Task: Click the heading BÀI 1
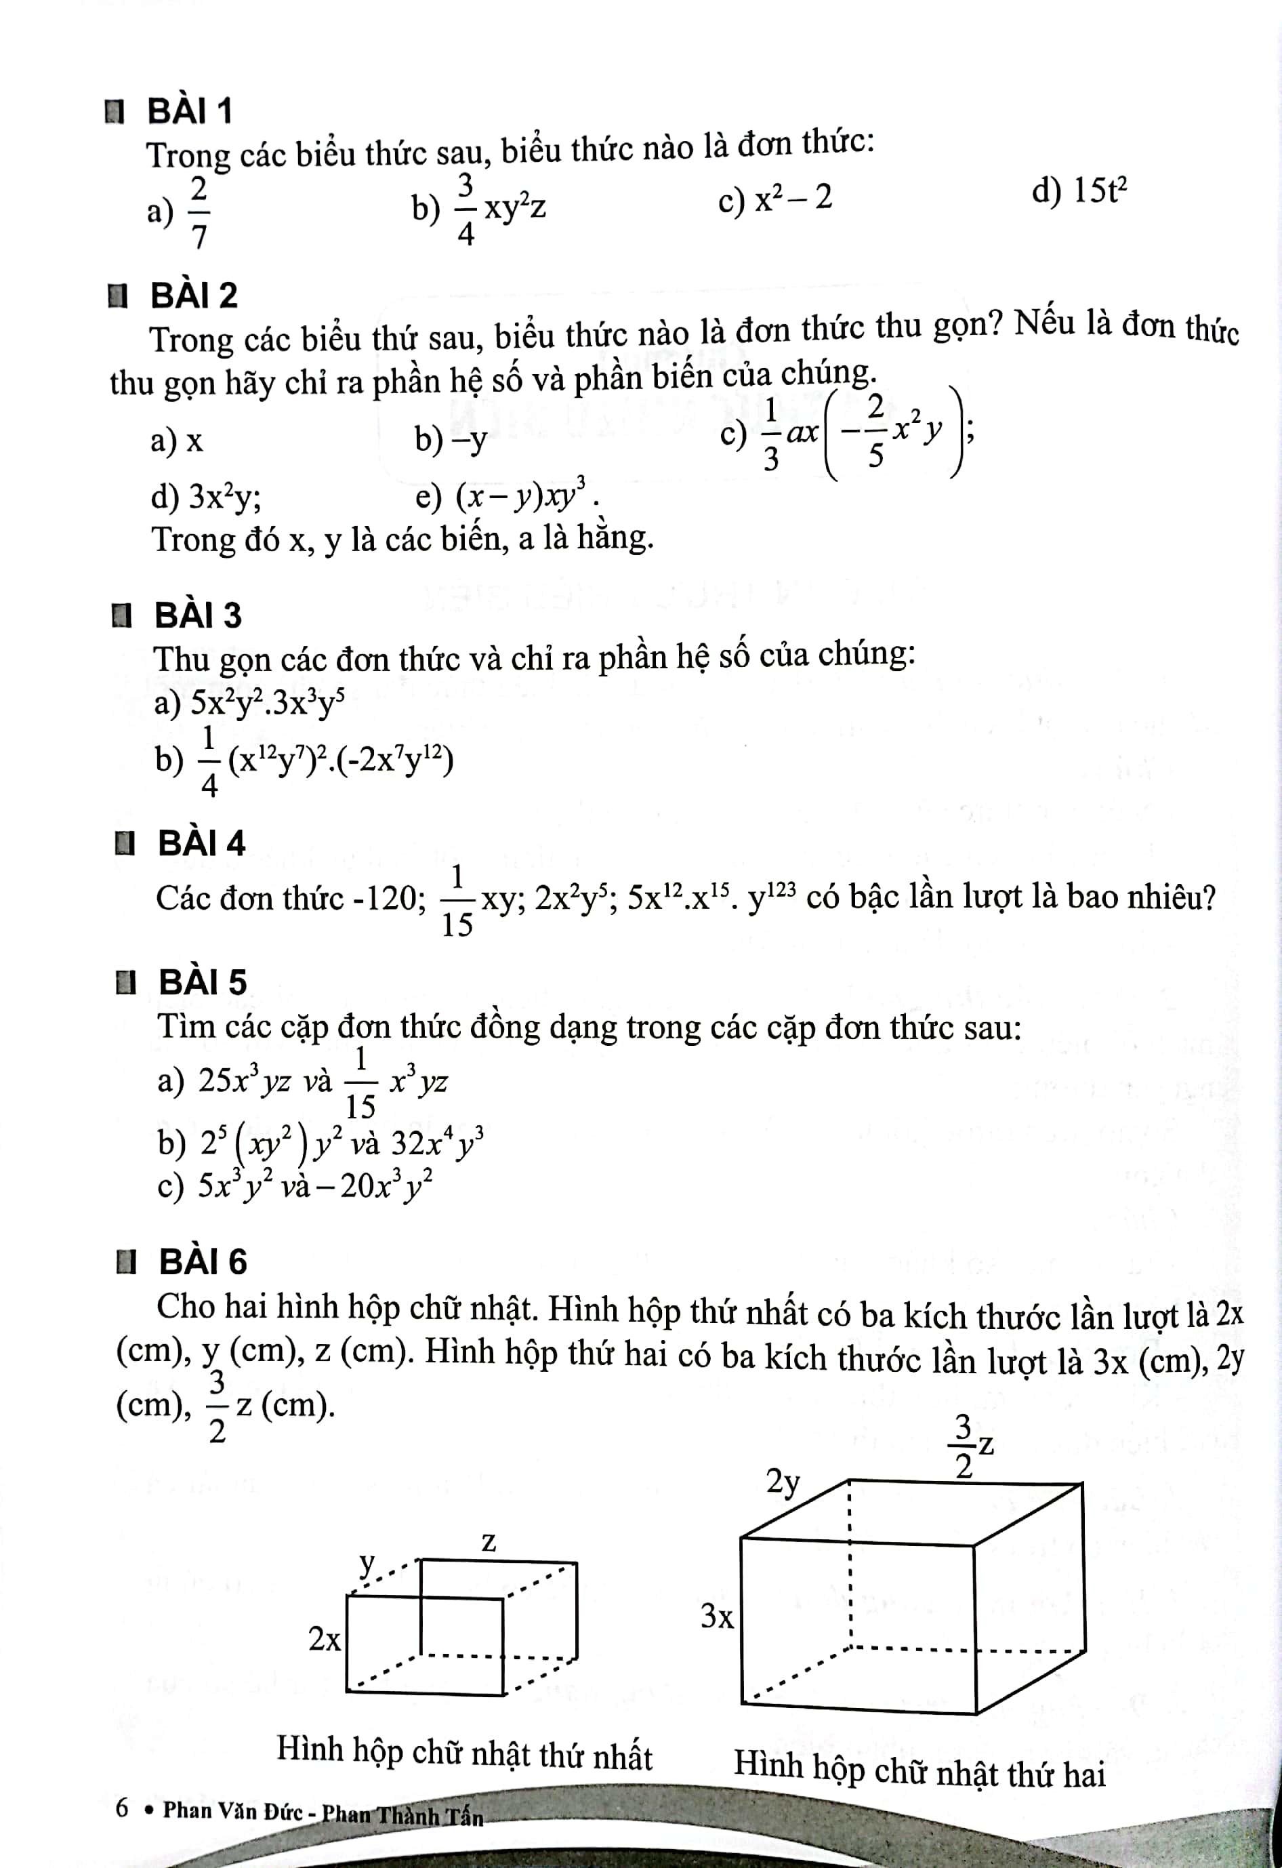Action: pyautogui.click(x=190, y=111)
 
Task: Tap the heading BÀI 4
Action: pyautogui.click(x=201, y=843)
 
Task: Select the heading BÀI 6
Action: pyautogui.click(x=203, y=1262)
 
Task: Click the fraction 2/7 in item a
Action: pyautogui.click(x=199, y=212)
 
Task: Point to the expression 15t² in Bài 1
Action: pyautogui.click(x=1100, y=191)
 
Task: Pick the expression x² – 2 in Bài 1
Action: pyautogui.click(x=791, y=199)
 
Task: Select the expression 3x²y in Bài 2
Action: pyautogui.click(x=224, y=498)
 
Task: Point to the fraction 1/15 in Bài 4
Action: pyautogui.click(x=457, y=901)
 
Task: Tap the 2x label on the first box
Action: pyautogui.click(x=325, y=1639)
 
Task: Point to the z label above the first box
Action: pyautogui.click(x=489, y=1542)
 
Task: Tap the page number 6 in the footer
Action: pyautogui.click(x=122, y=1808)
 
